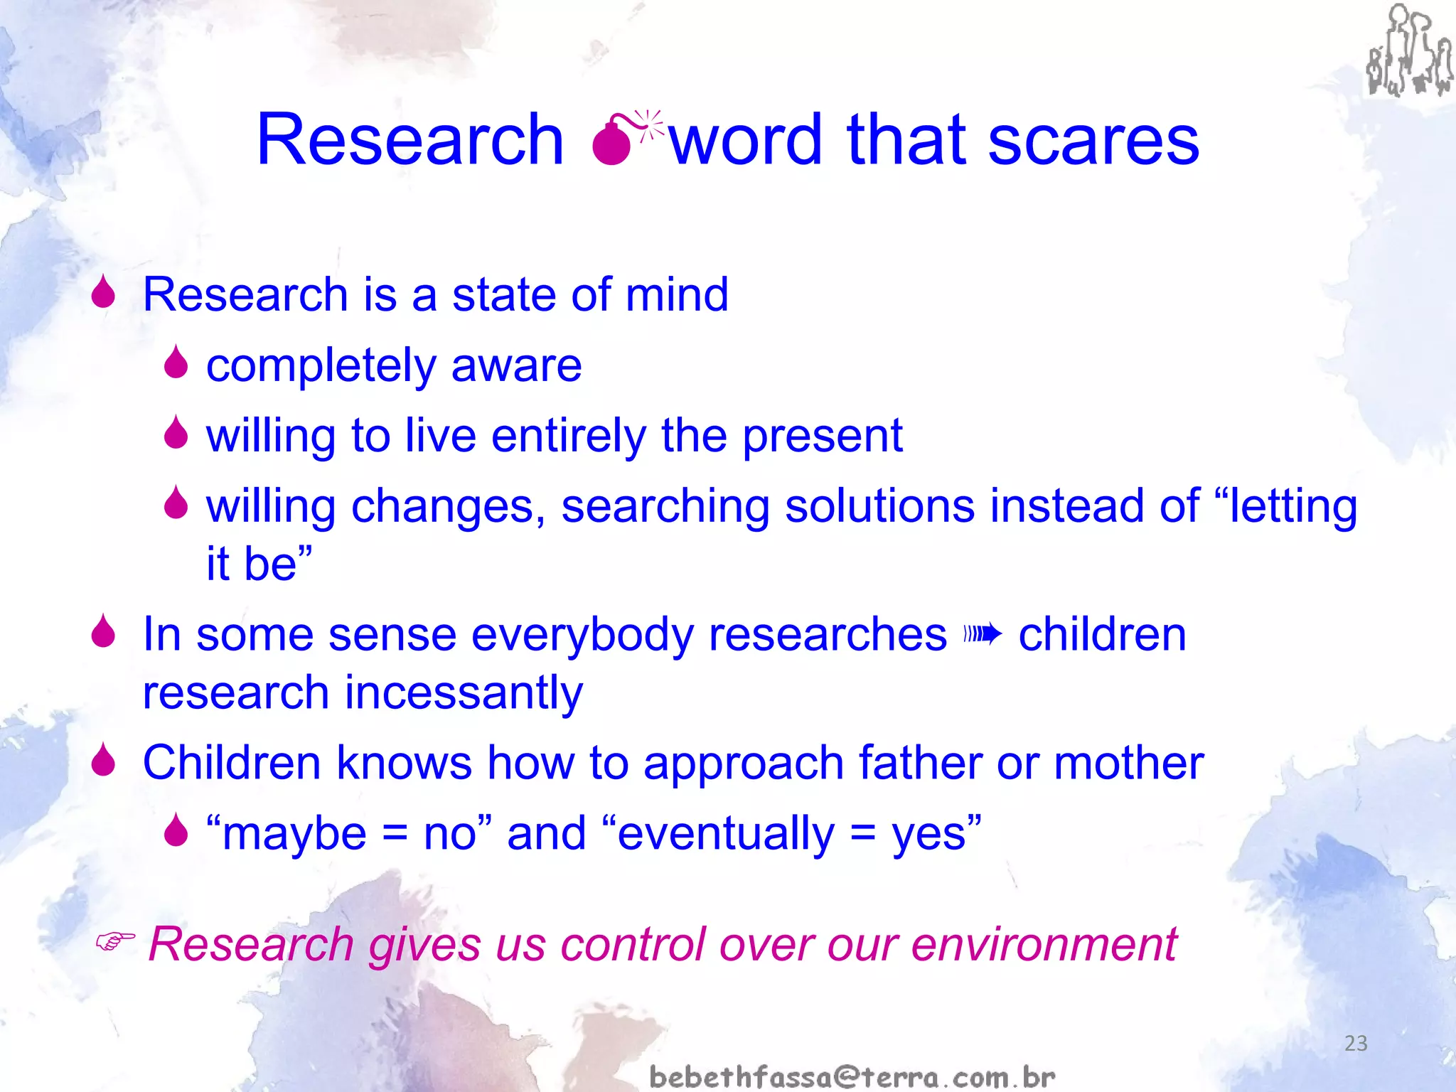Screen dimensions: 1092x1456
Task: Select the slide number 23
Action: tap(1356, 1043)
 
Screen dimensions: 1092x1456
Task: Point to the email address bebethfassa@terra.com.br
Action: tap(852, 1076)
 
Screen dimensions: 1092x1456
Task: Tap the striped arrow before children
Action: tap(983, 633)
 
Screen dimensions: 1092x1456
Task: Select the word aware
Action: tap(516, 365)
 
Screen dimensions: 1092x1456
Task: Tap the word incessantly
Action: tap(464, 692)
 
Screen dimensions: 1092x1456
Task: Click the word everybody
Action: tap(582, 635)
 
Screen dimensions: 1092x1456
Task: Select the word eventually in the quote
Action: tap(725, 833)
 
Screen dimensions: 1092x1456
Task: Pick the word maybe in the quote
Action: tap(294, 835)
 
